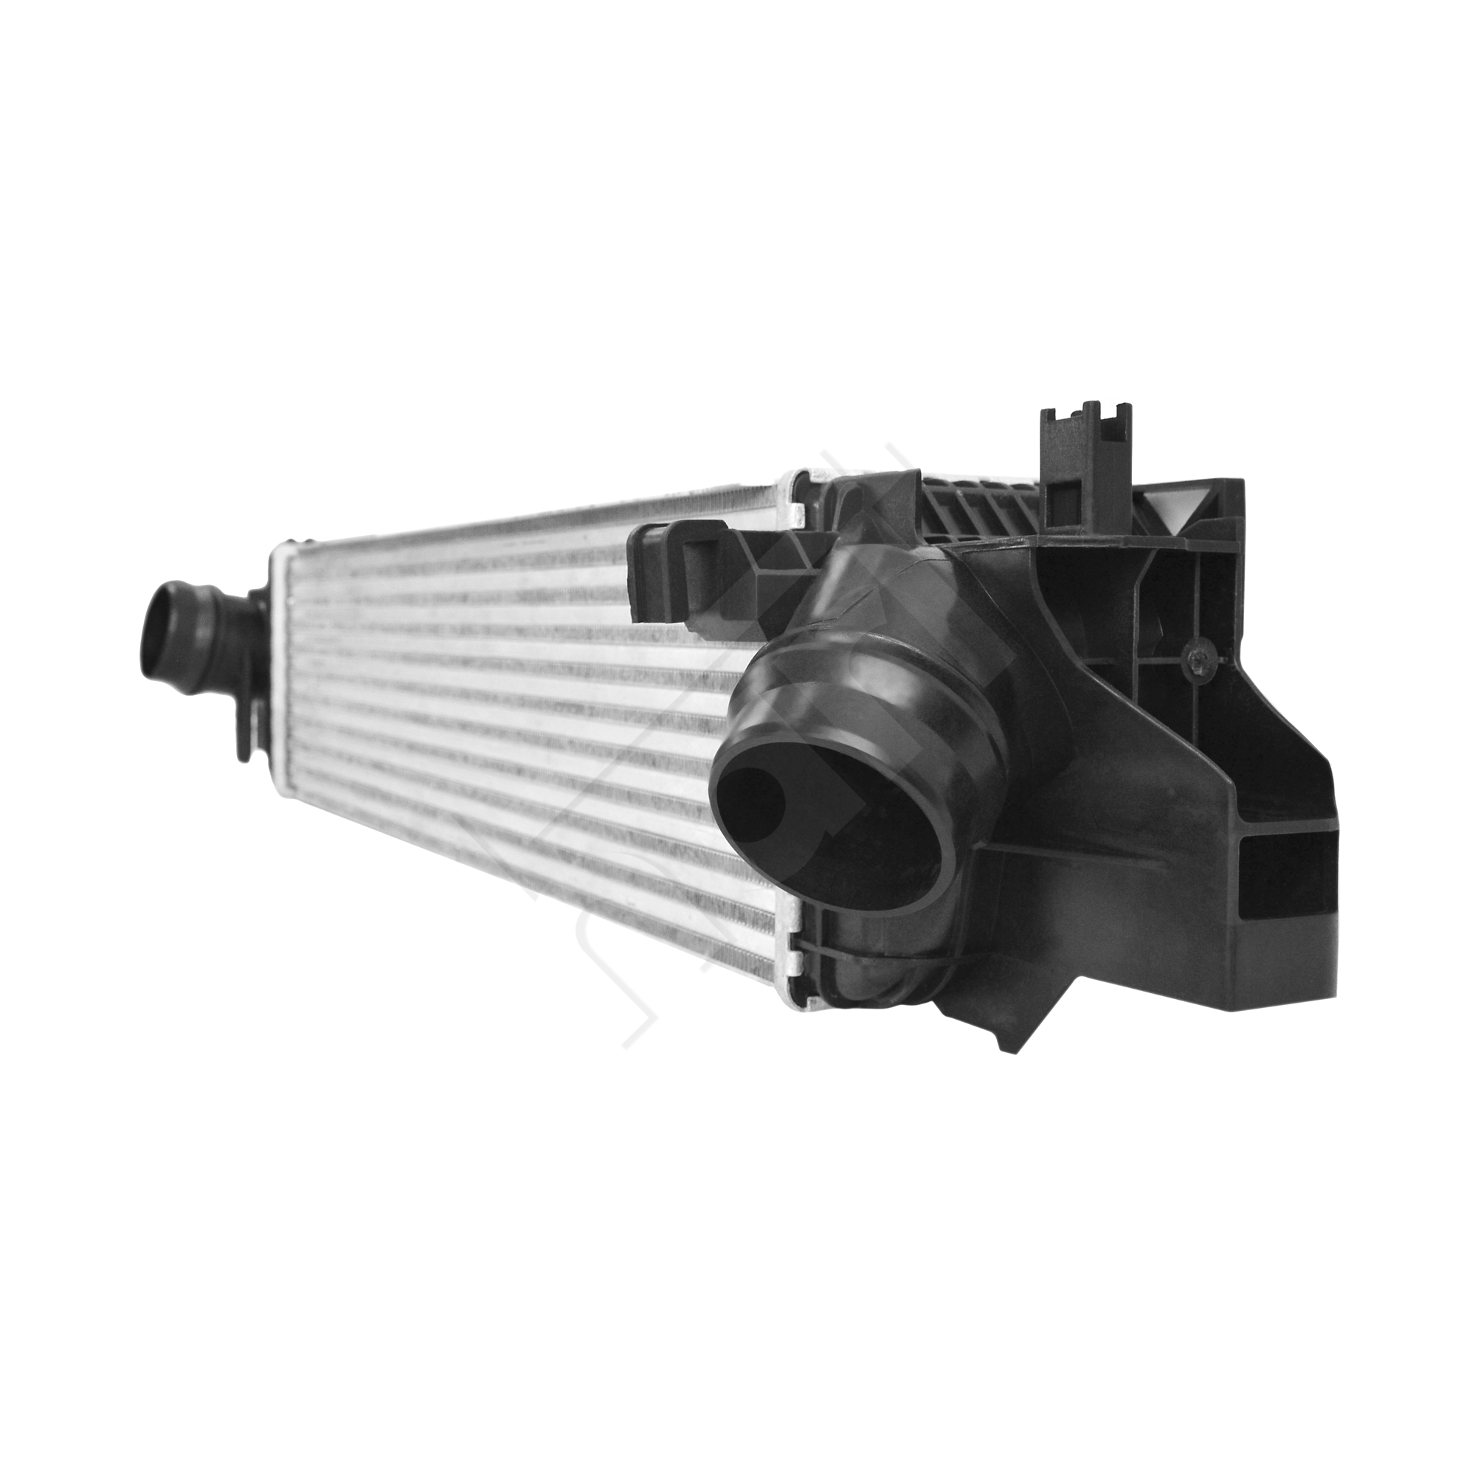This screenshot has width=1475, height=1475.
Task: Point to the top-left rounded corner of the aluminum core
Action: (281, 548)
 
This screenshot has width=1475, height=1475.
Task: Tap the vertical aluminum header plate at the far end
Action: (277, 672)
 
